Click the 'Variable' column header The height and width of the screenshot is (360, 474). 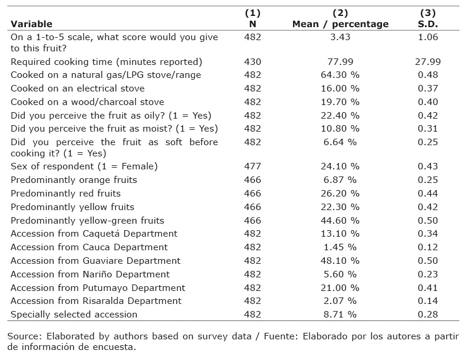31,24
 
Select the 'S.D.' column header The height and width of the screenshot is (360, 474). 428,24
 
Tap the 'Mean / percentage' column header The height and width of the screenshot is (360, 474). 340,24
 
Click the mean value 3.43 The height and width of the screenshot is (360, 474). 340,37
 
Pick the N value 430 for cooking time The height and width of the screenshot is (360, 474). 252,62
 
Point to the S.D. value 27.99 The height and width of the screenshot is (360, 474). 428,62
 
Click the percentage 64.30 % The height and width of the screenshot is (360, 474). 340,75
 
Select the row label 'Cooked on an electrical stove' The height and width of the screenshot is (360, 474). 78,89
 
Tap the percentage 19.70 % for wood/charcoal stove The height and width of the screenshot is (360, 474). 340,102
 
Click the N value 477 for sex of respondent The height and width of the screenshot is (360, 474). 252,166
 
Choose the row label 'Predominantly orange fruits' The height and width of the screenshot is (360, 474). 74,180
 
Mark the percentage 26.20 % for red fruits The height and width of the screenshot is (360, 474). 340,194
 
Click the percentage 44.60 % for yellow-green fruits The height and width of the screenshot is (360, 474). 340,221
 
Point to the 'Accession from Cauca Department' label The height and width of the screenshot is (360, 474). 89,247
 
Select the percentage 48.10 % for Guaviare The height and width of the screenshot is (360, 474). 340,260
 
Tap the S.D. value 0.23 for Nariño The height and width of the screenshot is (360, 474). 428,274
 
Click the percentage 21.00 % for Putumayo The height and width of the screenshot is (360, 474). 340,287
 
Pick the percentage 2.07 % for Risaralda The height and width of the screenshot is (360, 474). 340,301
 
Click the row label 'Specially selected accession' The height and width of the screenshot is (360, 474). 74,315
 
